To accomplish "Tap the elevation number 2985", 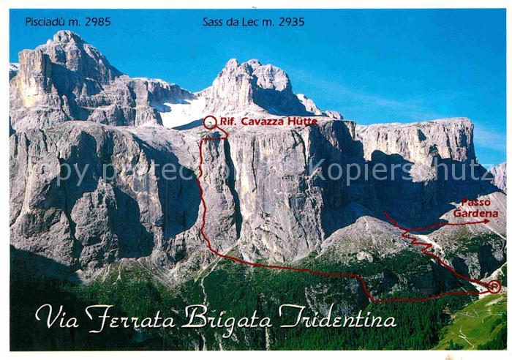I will (97, 21).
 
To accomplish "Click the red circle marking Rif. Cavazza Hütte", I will (210, 121).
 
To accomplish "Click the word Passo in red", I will (475, 202).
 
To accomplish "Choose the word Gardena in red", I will (475, 213).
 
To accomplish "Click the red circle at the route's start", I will (494, 287).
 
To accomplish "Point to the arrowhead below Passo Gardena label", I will (485, 221).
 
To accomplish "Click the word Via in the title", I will (56, 318).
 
